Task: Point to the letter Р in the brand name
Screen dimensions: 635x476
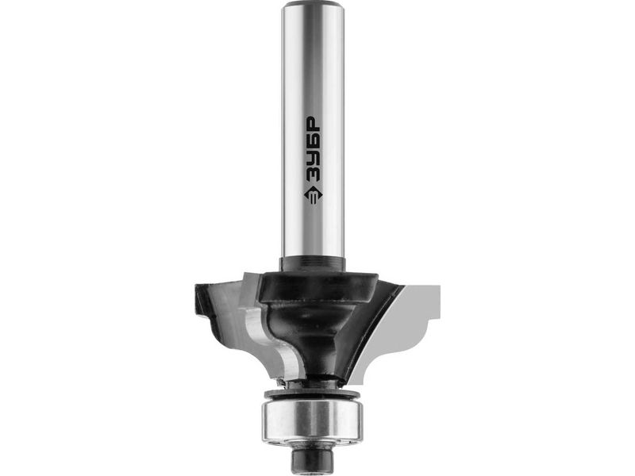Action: coord(313,123)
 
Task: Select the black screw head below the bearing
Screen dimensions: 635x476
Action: coord(313,459)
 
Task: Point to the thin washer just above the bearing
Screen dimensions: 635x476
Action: coord(313,394)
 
